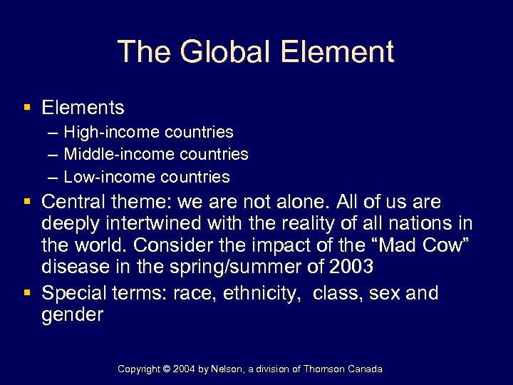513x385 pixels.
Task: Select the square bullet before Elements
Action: coord(26,108)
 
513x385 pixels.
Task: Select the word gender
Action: coord(73,315)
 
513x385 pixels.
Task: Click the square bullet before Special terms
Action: coord(26,293)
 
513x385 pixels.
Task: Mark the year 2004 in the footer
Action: coord(183,369)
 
